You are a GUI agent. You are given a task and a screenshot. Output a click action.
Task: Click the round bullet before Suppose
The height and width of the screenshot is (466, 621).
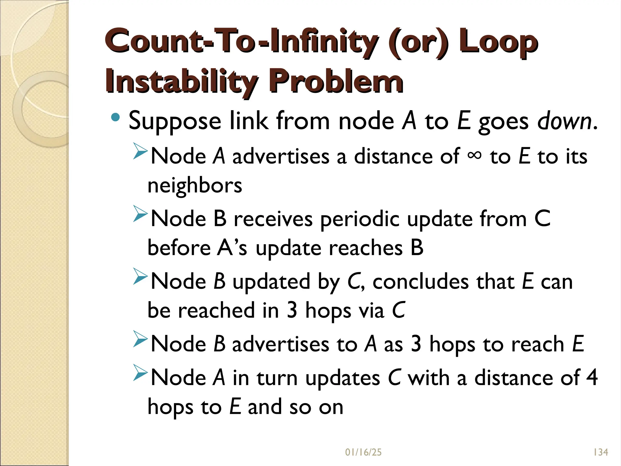(116, 117)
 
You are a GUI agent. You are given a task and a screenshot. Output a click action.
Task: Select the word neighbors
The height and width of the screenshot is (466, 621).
(195, 185)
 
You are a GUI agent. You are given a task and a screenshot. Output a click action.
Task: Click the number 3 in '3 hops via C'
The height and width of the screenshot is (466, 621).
(292, 310)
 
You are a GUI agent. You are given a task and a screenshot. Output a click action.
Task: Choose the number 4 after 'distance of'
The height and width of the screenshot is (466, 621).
(592, 377)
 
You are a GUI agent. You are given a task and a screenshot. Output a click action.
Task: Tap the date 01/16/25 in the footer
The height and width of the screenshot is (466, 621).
(363, 452)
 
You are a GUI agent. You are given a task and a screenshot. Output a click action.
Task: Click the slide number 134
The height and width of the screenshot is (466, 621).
(600, 452)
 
